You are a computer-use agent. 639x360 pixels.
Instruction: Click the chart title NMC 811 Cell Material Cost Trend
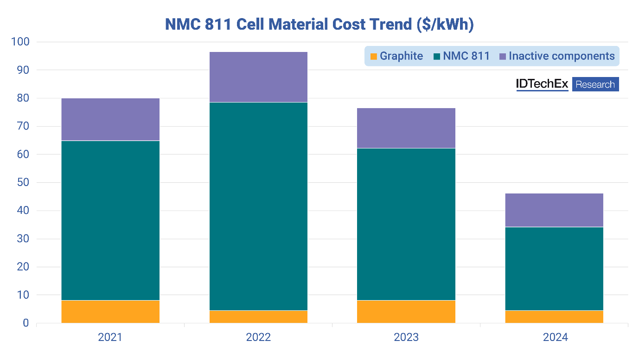click(319, 24)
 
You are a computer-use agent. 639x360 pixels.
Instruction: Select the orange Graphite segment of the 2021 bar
click(110, 312)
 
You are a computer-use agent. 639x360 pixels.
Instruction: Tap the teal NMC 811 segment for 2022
click(258, 206)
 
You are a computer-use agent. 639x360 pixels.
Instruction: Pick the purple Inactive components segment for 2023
click(406, 128)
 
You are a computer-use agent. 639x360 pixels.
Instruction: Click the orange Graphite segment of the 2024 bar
click(554, 317)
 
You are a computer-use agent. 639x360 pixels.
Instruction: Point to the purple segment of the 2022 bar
click(258, 77)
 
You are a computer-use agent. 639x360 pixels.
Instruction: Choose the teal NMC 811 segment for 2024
click(554, 269)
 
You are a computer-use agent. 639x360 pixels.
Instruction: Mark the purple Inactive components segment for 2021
click(110, 119)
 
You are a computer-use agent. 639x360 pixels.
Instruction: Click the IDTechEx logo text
click(542, 84)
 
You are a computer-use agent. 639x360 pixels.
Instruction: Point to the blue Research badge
click(595, 84)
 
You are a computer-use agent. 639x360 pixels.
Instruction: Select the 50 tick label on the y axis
click(22, 183)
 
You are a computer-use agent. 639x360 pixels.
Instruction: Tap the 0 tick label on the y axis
click(26, 323)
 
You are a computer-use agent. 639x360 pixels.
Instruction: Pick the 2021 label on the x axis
click(110, 337)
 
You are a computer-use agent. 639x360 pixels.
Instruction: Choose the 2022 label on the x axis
click(258, 337)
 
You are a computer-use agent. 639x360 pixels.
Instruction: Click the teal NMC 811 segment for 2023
click(406, 224)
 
